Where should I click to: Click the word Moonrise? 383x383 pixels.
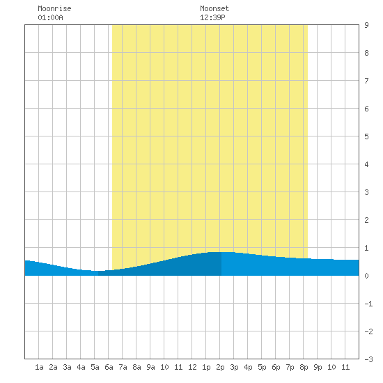point(54,8)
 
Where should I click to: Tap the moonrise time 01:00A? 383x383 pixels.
point(50,17)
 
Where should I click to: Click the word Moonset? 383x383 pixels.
point(214,8)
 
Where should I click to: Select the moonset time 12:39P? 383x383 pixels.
point(212,17)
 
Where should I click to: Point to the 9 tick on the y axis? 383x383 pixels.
point(366,25)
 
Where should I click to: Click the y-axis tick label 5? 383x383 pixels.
point(366,136)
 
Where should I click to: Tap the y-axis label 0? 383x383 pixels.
point(366,276)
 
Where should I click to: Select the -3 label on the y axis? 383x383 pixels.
point(368,359)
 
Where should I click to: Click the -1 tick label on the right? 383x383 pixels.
point(368,304)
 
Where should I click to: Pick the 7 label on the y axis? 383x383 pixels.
point(366,81)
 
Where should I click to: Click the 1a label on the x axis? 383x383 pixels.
point(39,367)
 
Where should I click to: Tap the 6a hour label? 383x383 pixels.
point(109,367)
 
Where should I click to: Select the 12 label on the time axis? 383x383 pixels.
point(192,367)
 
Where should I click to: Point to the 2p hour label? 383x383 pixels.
point(220,367)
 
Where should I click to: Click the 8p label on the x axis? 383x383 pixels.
point(304,367)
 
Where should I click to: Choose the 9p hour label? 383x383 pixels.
point(318,367)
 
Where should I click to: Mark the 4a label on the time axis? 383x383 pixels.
point(81,367)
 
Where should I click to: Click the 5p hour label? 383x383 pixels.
point(262,367)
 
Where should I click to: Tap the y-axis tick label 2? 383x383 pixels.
point(366,220)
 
